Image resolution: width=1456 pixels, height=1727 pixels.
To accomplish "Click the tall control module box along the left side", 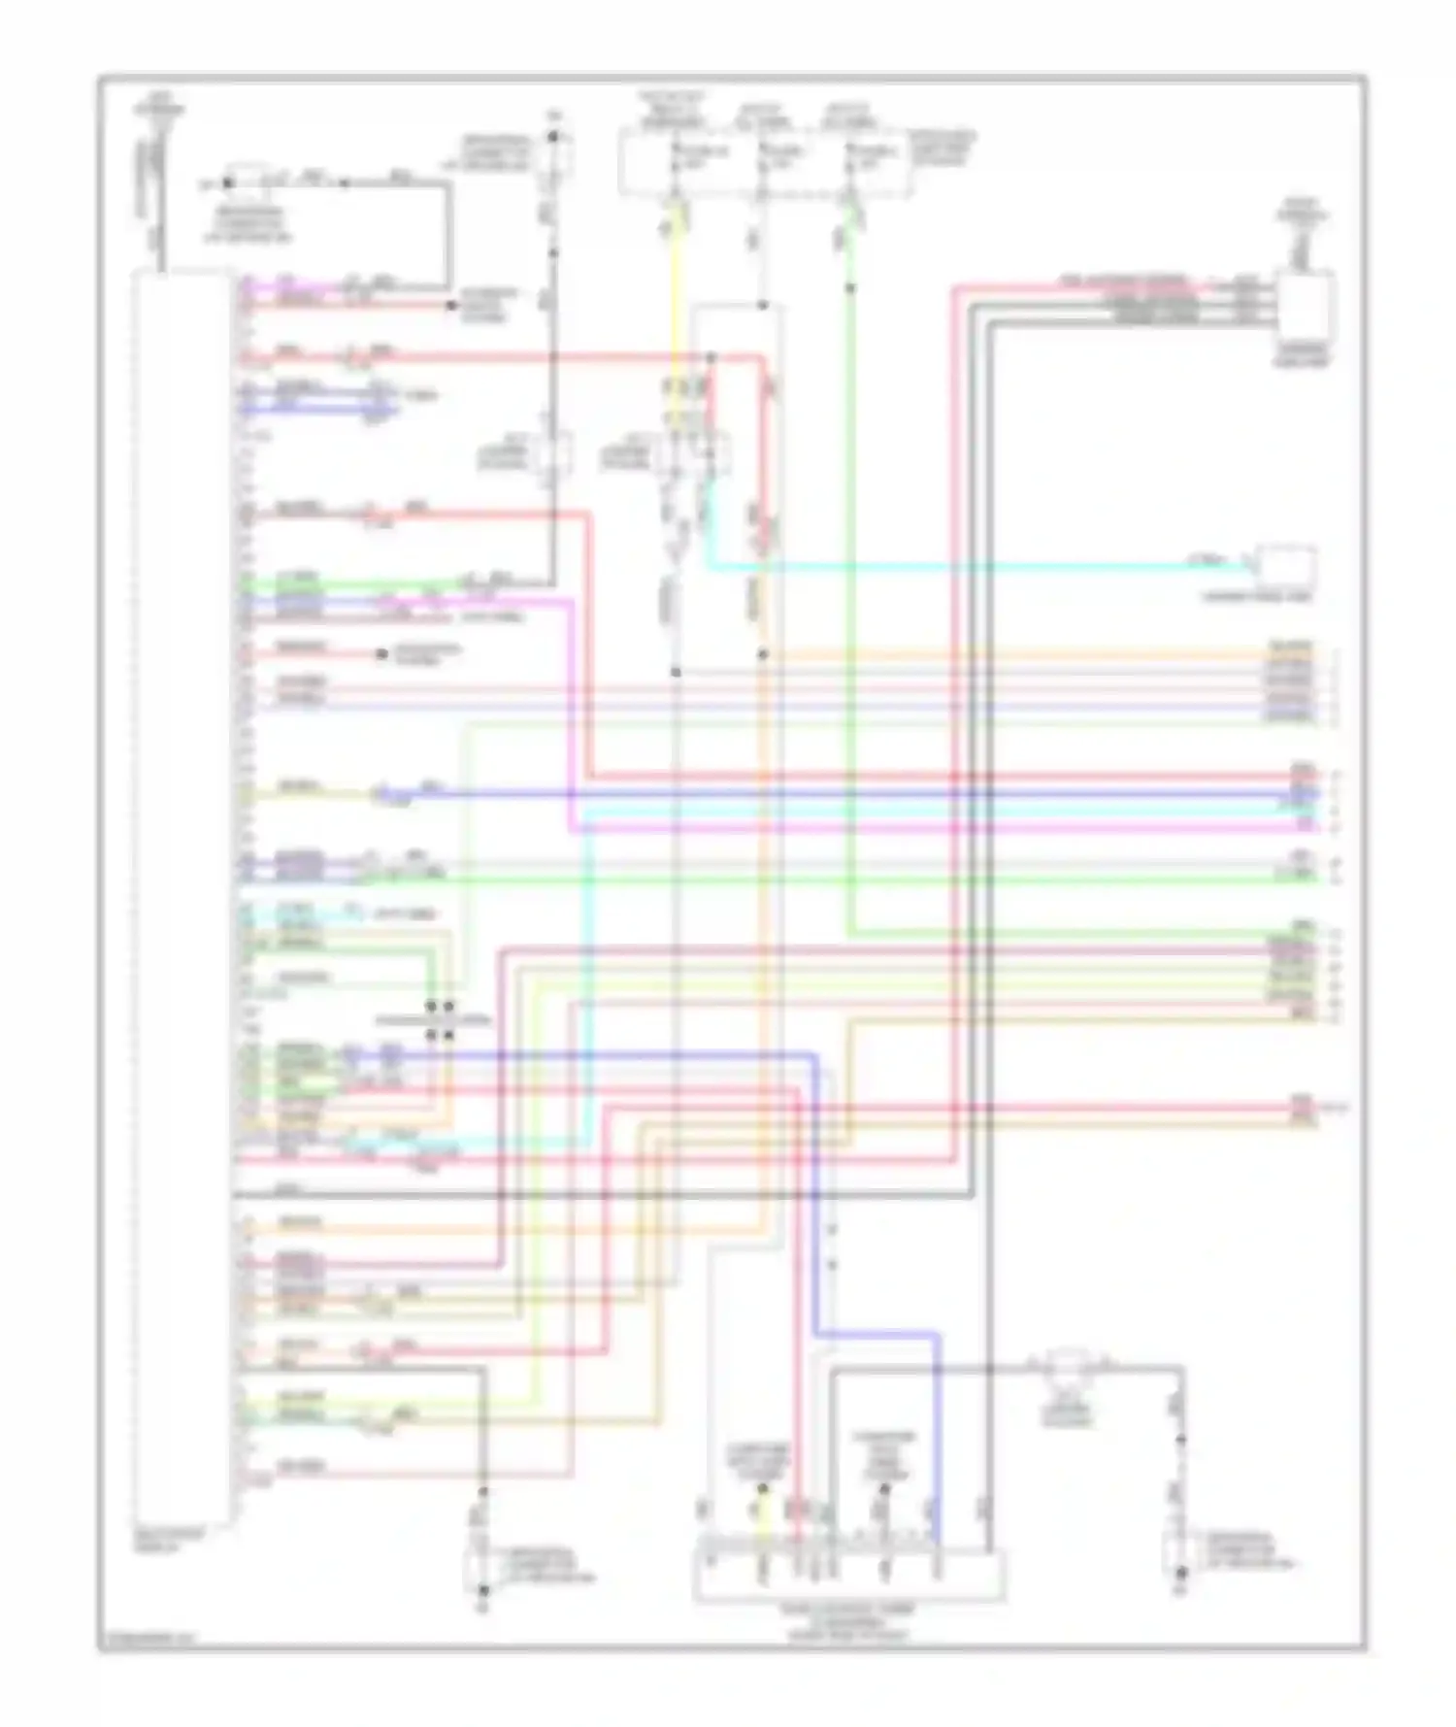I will pos(182,898).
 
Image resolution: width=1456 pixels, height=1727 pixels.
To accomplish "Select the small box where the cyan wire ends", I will pos(1287,564).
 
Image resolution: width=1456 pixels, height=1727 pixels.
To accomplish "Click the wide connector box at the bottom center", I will pos(848,1575).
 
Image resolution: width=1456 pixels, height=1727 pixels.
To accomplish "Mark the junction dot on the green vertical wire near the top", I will pos(850,288).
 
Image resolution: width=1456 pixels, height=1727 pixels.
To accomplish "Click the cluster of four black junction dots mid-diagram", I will pos(440,1021).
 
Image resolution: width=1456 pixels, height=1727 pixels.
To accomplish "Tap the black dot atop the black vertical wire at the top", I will pos(553,137).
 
